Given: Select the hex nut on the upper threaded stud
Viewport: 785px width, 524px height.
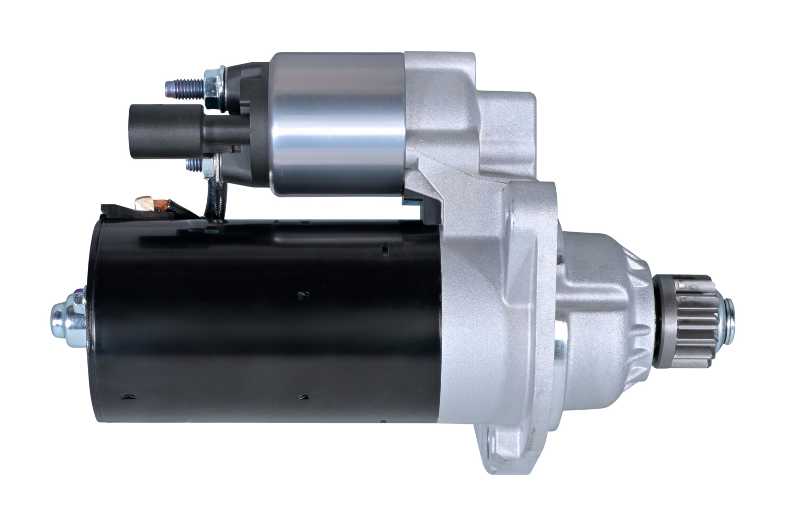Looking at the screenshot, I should click(212, 85).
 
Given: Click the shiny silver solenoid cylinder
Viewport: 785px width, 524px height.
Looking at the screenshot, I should click(338, 124).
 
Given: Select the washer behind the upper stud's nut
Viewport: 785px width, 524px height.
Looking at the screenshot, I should click(222, 85).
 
